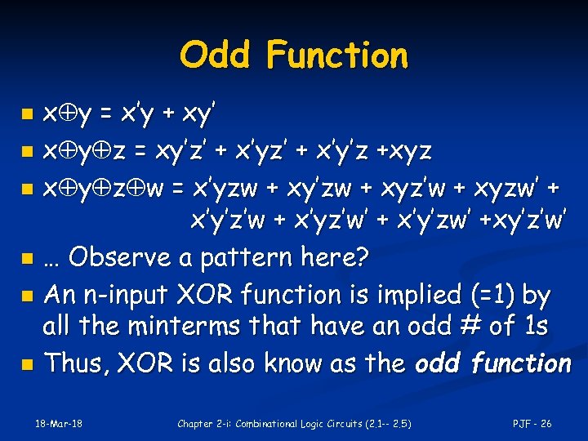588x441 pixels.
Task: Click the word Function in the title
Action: point(336,56)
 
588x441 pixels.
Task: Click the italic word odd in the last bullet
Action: point(442,363)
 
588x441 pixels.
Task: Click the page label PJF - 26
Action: point(532,424)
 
